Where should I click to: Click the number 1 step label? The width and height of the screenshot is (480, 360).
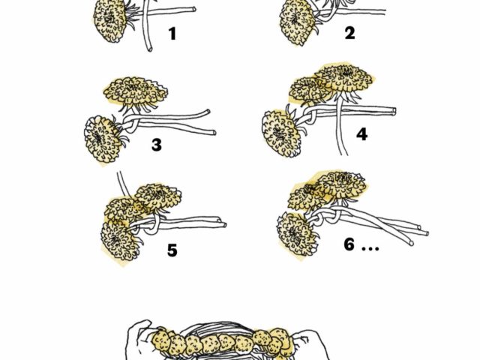point(173,34)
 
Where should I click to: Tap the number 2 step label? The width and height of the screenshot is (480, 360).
point(350,33)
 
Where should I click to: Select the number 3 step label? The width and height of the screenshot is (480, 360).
point(157,145)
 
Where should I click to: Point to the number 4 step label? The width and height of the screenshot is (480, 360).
point(361,134)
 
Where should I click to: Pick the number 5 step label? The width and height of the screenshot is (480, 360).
point(172,250)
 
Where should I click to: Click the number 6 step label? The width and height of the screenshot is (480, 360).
point(349,244)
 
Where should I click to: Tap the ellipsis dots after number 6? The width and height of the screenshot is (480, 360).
point(370,248)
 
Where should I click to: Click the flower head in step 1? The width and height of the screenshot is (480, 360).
point(109,20)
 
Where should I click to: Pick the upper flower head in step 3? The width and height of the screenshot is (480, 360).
point(136,90)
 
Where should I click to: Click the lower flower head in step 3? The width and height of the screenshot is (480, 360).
point(103,139)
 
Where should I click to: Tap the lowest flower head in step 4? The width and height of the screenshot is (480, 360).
point(280,133)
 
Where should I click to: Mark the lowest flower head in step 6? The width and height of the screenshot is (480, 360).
point(296,234)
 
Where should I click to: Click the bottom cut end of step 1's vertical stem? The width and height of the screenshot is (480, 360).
point(150,49)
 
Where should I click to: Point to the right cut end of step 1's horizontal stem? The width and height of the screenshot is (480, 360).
point(193,9)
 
